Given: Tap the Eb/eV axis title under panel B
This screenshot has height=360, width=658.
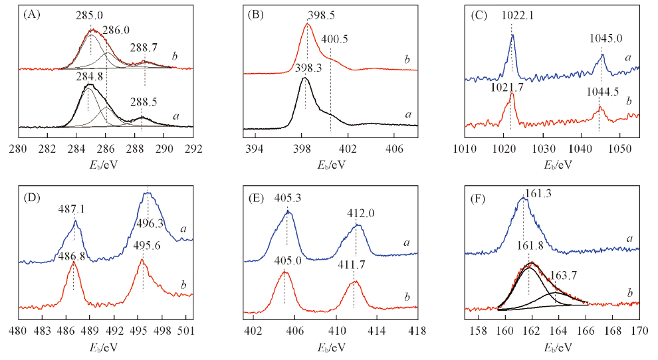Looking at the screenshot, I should point(330,163).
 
